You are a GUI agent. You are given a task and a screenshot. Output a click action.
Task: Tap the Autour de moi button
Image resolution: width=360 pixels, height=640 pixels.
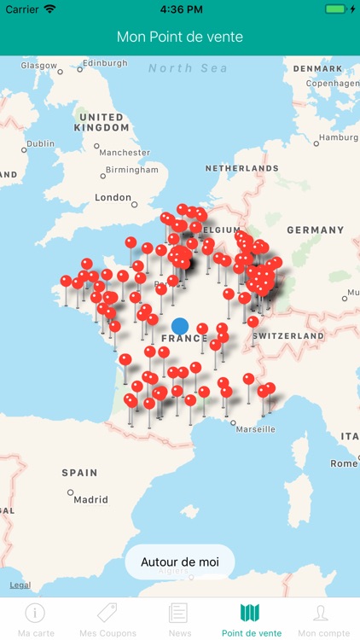pos(180,562)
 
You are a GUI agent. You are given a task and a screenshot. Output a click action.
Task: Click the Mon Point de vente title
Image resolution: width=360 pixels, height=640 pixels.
pos(180,38)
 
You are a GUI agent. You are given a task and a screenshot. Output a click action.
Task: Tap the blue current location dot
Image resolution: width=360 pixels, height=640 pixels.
pos(179,325)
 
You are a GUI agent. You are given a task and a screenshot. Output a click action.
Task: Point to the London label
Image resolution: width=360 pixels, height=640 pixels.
pos(113,198)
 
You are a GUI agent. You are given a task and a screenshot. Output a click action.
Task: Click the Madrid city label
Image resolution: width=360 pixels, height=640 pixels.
pos(90,500)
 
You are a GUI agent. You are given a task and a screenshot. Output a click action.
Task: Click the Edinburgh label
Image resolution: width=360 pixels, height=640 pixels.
pos(104,63)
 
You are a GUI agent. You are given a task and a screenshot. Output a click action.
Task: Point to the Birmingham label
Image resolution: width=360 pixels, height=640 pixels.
pos(131,170)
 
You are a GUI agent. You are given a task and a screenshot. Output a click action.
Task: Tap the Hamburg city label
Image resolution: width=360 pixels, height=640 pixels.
pos(338,137)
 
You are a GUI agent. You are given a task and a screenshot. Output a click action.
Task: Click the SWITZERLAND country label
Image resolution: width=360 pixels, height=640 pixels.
pos(288,336)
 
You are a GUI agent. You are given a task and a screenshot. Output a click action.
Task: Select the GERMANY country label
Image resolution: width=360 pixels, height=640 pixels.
pos(315,230)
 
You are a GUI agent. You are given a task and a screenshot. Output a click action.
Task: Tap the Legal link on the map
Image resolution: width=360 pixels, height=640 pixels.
pos(20,585)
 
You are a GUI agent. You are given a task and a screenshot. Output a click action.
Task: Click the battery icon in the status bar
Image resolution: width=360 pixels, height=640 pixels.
pos(335,9)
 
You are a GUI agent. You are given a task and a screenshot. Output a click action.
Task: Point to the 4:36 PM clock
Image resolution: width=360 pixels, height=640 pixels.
pos(180,9)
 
